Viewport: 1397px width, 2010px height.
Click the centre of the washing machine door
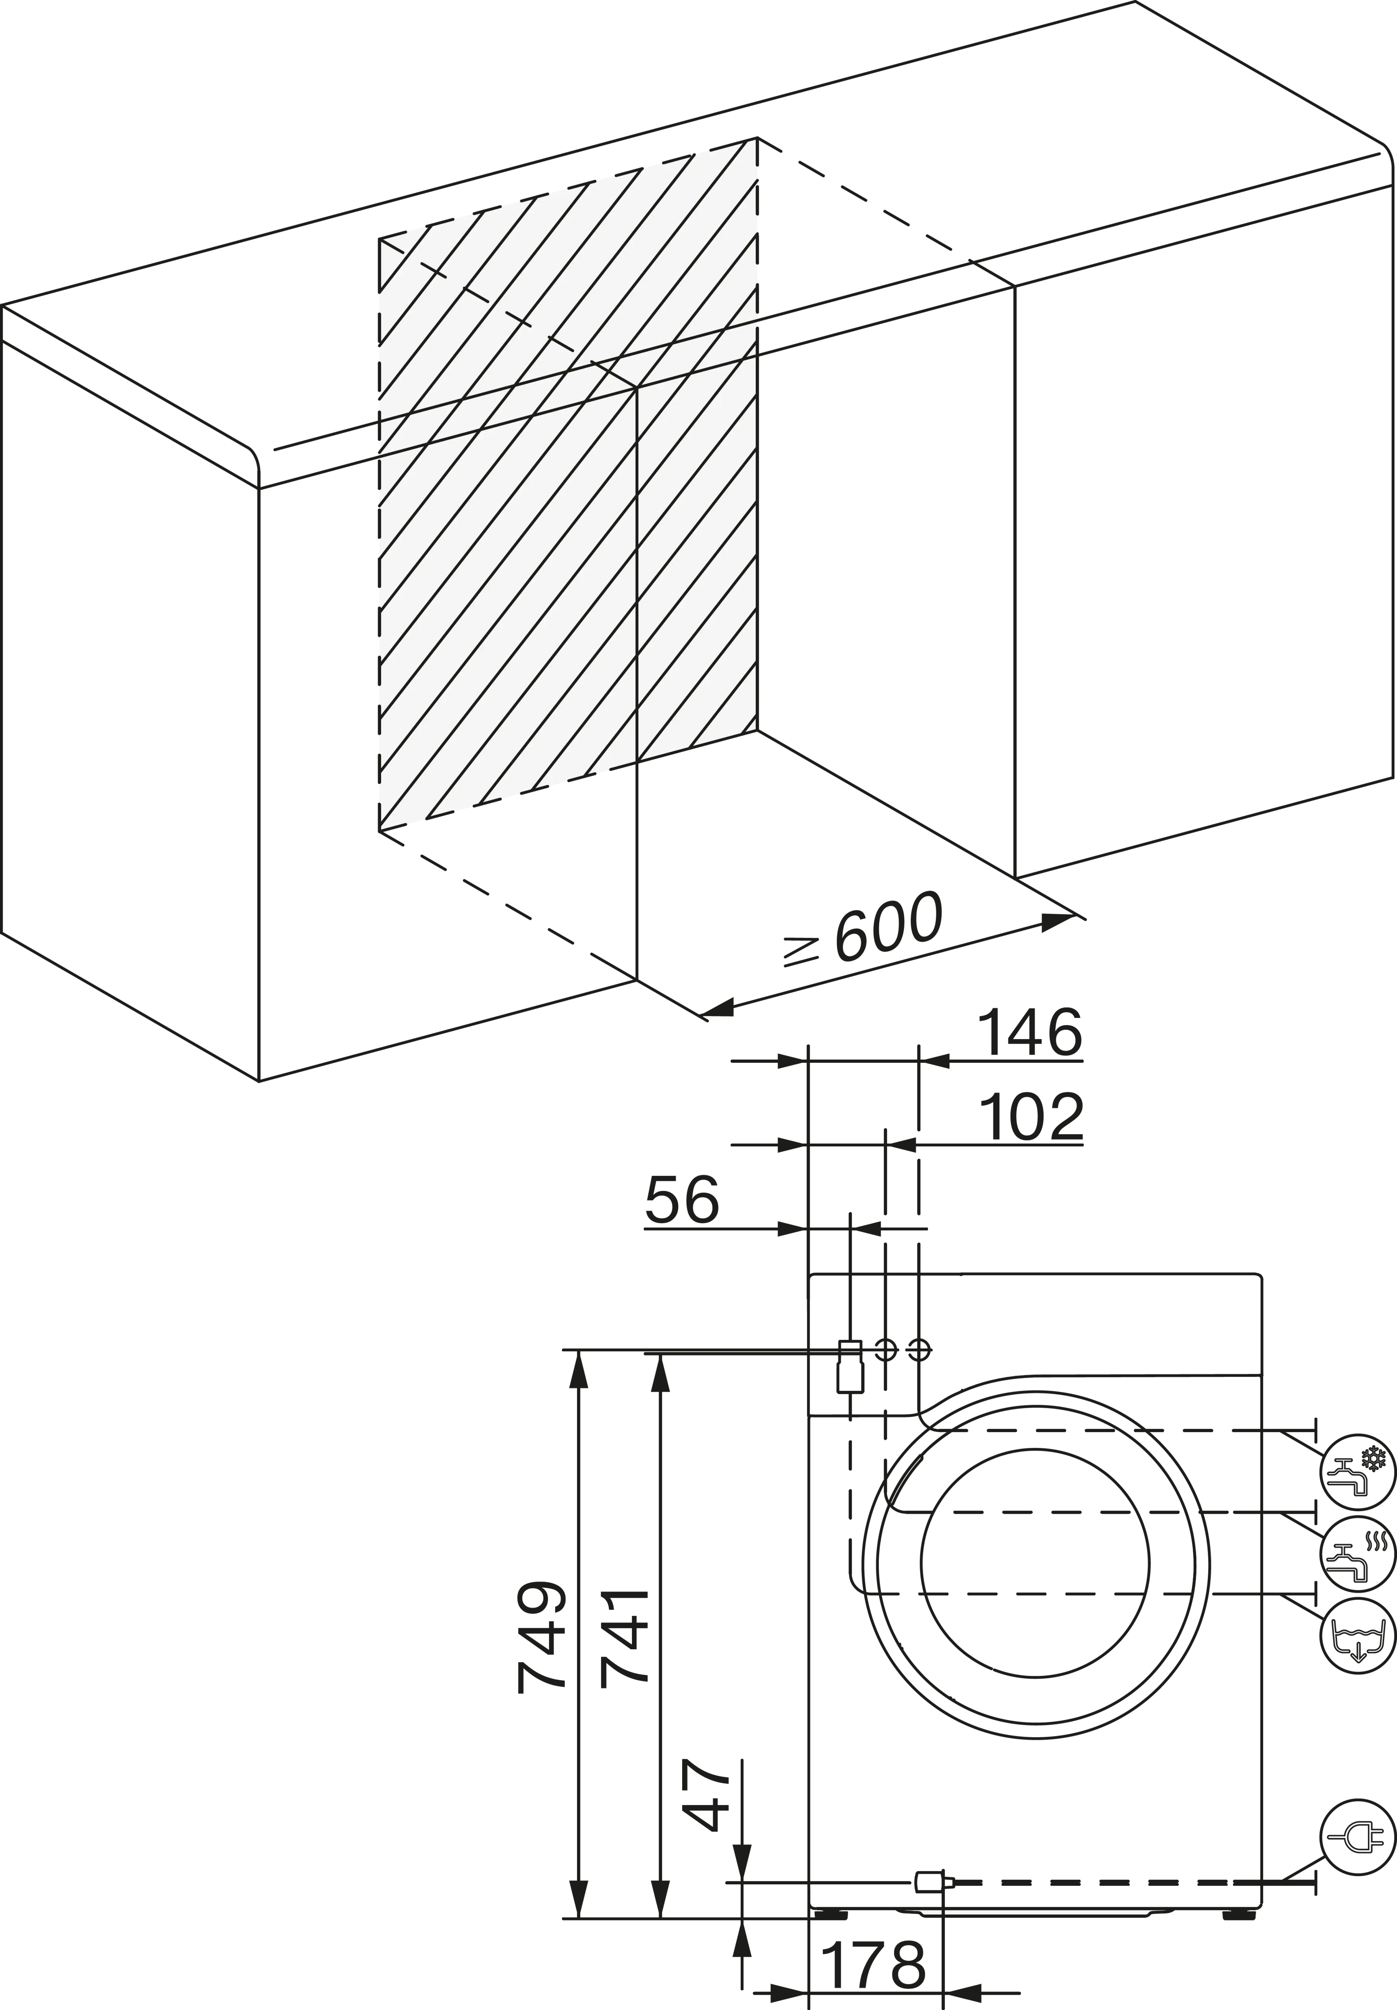(x=1035, y=1562)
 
